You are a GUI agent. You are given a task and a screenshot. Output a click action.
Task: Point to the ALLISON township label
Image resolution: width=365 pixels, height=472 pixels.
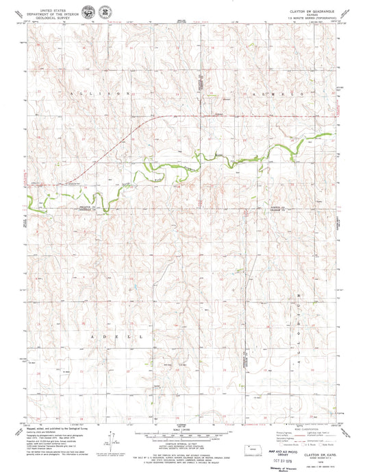tap(100, 92)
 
